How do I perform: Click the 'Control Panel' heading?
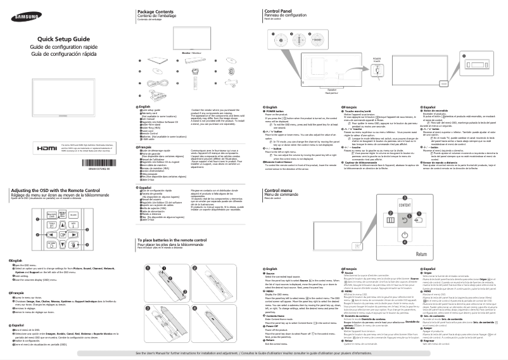279,12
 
